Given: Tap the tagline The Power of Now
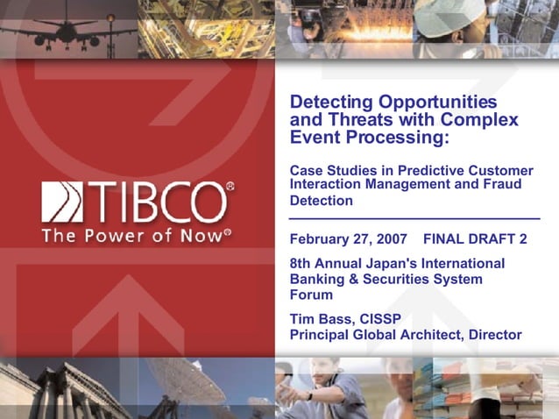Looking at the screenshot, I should pyautogui.click(x=136, y=235).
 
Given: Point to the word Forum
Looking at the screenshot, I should pyautogui.click(x=311, y=295).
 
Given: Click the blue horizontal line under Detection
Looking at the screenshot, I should pyautogui.click(x=414, y=217).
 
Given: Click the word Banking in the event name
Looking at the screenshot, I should pyautogui.click(x=319, y=279).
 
